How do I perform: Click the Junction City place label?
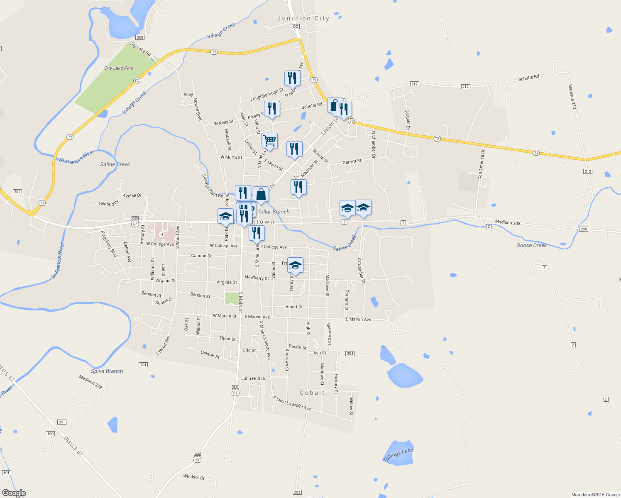[303, 19]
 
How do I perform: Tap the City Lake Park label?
[119, 68]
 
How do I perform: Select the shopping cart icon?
[270, 141]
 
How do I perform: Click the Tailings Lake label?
[398, 455]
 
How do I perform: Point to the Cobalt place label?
[312, 393]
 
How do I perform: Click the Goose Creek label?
[531, 245]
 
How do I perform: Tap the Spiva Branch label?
[107, 371]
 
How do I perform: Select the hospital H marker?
[162, 235]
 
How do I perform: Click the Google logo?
[14, 493]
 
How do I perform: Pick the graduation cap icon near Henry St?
[295, 265]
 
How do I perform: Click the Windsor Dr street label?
[194, 477]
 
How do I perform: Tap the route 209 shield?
[140, 37]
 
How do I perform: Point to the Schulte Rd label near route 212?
[528, 78]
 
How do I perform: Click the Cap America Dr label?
[481, 164]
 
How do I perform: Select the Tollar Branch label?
[274, 212]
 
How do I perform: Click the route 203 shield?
[297, 492]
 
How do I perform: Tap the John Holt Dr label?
[253, 378]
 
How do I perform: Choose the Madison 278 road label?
[90, 382]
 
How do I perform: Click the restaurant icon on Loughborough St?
[292, 78]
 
